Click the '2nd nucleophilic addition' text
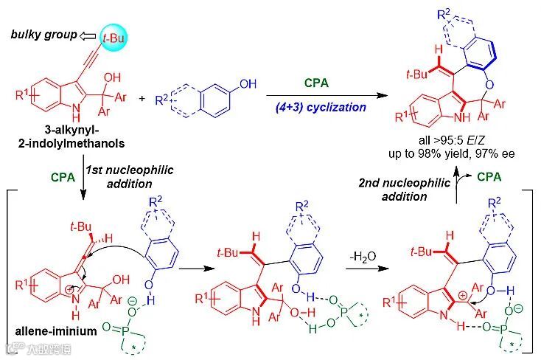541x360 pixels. (413, 190)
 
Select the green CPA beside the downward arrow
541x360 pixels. (62, 177)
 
